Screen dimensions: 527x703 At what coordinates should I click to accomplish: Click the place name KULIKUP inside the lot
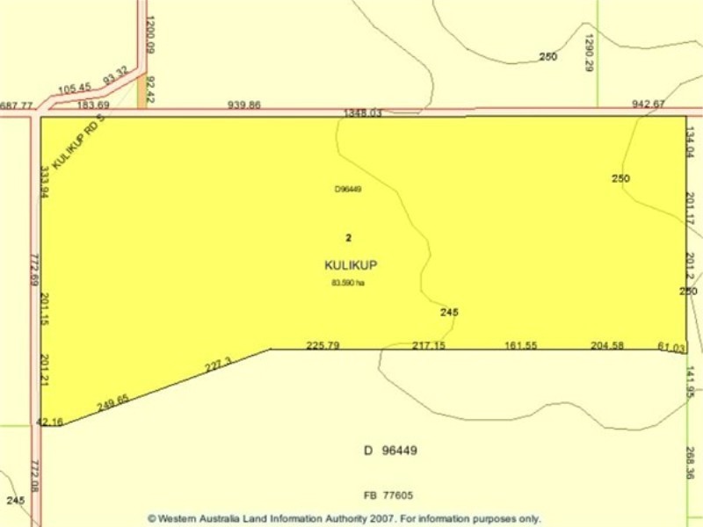351,264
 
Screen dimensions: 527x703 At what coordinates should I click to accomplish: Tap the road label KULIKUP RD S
78,143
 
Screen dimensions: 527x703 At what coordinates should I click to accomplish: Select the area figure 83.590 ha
348,283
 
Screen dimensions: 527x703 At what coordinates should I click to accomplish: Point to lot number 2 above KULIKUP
349,237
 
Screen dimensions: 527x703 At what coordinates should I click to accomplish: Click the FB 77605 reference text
388,495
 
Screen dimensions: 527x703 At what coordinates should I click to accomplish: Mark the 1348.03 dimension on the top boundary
363,113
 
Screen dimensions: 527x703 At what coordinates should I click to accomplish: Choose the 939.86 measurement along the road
244,105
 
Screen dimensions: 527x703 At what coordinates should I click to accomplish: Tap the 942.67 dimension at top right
649,105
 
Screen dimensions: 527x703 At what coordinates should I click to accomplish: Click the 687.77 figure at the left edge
17,105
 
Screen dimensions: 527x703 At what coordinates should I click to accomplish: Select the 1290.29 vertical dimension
590,53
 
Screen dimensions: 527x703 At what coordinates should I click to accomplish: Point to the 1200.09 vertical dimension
150,36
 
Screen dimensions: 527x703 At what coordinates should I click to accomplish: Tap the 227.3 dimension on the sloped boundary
218,363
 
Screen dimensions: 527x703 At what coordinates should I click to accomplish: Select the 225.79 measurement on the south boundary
323,345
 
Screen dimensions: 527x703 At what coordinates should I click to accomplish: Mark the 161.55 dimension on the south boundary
520,345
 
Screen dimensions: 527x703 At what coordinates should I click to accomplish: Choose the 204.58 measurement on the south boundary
607,345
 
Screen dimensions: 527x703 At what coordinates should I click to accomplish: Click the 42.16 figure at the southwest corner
49,422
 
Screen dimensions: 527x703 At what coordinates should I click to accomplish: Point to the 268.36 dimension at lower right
692,463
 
